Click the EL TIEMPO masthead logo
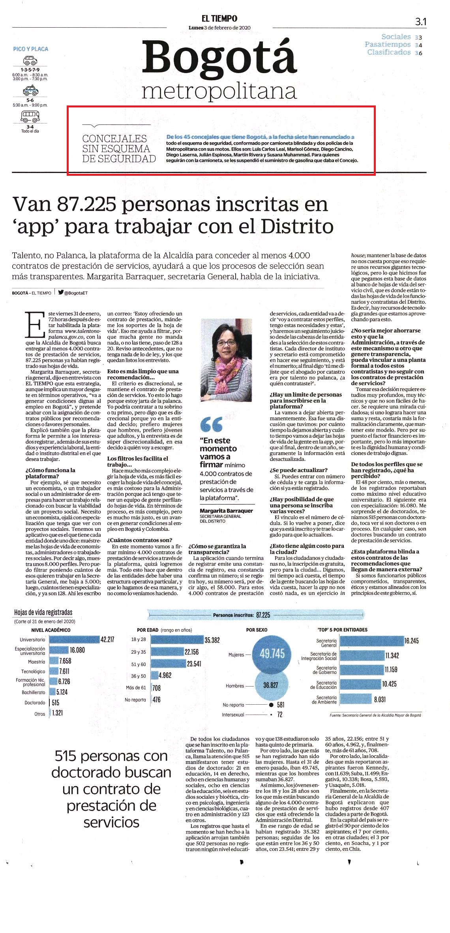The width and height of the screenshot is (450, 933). pyautogui.click(x=219, y=18)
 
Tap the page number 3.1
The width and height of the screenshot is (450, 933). pyautogui.click(x=420, y=22)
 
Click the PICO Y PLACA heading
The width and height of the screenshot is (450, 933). pyautogui.click(x=30, y=49)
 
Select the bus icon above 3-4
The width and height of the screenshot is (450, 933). pyautogui.click(x=30, y=116)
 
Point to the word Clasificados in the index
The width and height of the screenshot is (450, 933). pyautogui.click(x=389, y=52)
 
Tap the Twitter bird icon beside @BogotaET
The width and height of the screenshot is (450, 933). pyautogui.click(x=61, y=293)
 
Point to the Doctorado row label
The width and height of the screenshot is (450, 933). pyautogui.click(x=35, y=703)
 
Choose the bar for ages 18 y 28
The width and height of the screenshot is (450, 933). pyautogui.click(x=177, y=640)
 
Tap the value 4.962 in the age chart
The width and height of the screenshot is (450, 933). pyautogui.click(x=165, y=675)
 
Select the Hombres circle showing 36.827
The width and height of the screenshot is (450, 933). pyautogui.click(x=270, y=686)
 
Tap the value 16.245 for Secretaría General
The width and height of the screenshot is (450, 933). pyautogui.click(x=411, y=641)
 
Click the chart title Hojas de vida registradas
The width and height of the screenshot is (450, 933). pyautogui.click(x=43, y=613)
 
